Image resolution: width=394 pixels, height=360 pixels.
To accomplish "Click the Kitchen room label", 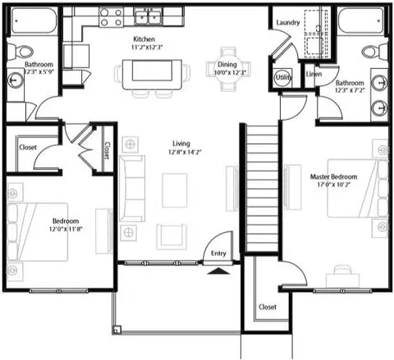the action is click(x=144, y=39).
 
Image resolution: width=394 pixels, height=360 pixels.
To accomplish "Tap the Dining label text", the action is click(x=227, y=65).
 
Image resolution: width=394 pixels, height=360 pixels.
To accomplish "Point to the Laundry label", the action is click(x=288, y=22).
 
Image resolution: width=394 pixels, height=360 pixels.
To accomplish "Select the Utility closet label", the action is click(x=283, y=77).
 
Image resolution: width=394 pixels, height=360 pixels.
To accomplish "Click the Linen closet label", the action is click(x=314, y=74).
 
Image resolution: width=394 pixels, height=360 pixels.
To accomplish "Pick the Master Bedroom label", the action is click(x=333, y=176).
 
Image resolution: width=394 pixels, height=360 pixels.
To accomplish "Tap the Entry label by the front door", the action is click(x=218, y=253).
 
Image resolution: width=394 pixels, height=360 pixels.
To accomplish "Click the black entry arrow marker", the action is click(x=218, y=271).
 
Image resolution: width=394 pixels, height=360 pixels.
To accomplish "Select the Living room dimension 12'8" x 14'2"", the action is click(x=185, y=152).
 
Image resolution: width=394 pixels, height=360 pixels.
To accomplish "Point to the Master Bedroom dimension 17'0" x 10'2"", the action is click(x=333, y=185).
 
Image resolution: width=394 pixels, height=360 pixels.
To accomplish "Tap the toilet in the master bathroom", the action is click(x=374, y=51).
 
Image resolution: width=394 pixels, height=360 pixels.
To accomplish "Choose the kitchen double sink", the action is click(x=148, y=16).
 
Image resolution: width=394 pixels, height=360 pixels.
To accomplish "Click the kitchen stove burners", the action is click(x=111, y=17).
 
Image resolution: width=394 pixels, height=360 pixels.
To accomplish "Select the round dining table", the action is click(x=228, y=70).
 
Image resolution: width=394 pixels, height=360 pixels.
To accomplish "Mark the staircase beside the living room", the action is click(x=262, y=188).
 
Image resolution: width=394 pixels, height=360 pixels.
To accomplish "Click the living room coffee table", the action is click(x=175, y=190).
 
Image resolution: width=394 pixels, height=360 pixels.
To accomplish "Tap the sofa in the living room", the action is click(x=132, y=189).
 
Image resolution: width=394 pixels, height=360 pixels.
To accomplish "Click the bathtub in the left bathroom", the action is click(x=34, y=21).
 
